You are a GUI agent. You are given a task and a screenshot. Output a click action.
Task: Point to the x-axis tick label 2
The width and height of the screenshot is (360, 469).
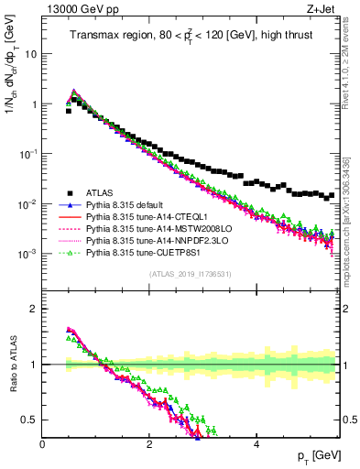click(149, 443)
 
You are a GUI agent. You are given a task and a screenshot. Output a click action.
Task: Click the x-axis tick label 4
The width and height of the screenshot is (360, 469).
click(256, 443)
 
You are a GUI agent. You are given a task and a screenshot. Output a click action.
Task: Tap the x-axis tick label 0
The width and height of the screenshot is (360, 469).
click(42, 443)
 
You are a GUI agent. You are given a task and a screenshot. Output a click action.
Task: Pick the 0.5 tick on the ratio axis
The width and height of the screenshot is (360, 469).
click(30, 420)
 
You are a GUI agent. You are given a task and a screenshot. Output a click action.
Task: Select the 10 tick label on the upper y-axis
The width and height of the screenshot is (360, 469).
click(30, 54)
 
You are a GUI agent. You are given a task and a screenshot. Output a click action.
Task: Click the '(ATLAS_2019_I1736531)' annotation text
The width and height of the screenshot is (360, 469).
click(190, 274)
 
